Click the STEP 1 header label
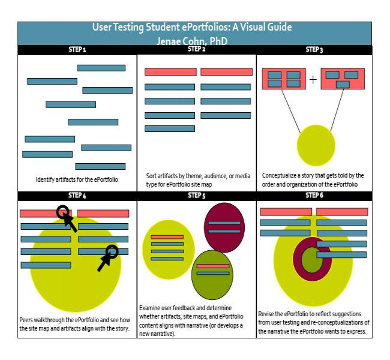tap(77, 50)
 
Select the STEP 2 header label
tap(196, 49)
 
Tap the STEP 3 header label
tap(314, 50)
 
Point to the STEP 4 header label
tap(77, 196)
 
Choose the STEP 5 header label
tap(196, 196)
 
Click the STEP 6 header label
tap(314, 196)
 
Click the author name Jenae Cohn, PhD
tap(192, 41)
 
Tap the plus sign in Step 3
tap(313, 80)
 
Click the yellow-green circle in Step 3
tap(316, 145)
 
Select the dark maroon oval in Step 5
tap(224, 227)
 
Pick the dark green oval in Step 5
tap(212, 275)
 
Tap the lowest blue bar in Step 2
tap(170, 128)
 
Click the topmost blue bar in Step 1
tap(101, 68)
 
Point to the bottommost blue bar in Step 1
tap(100, 166)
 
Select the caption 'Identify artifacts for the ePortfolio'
tap(77, 179)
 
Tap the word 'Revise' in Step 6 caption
tap(266, 314)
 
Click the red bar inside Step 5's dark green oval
tap(213, 266)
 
